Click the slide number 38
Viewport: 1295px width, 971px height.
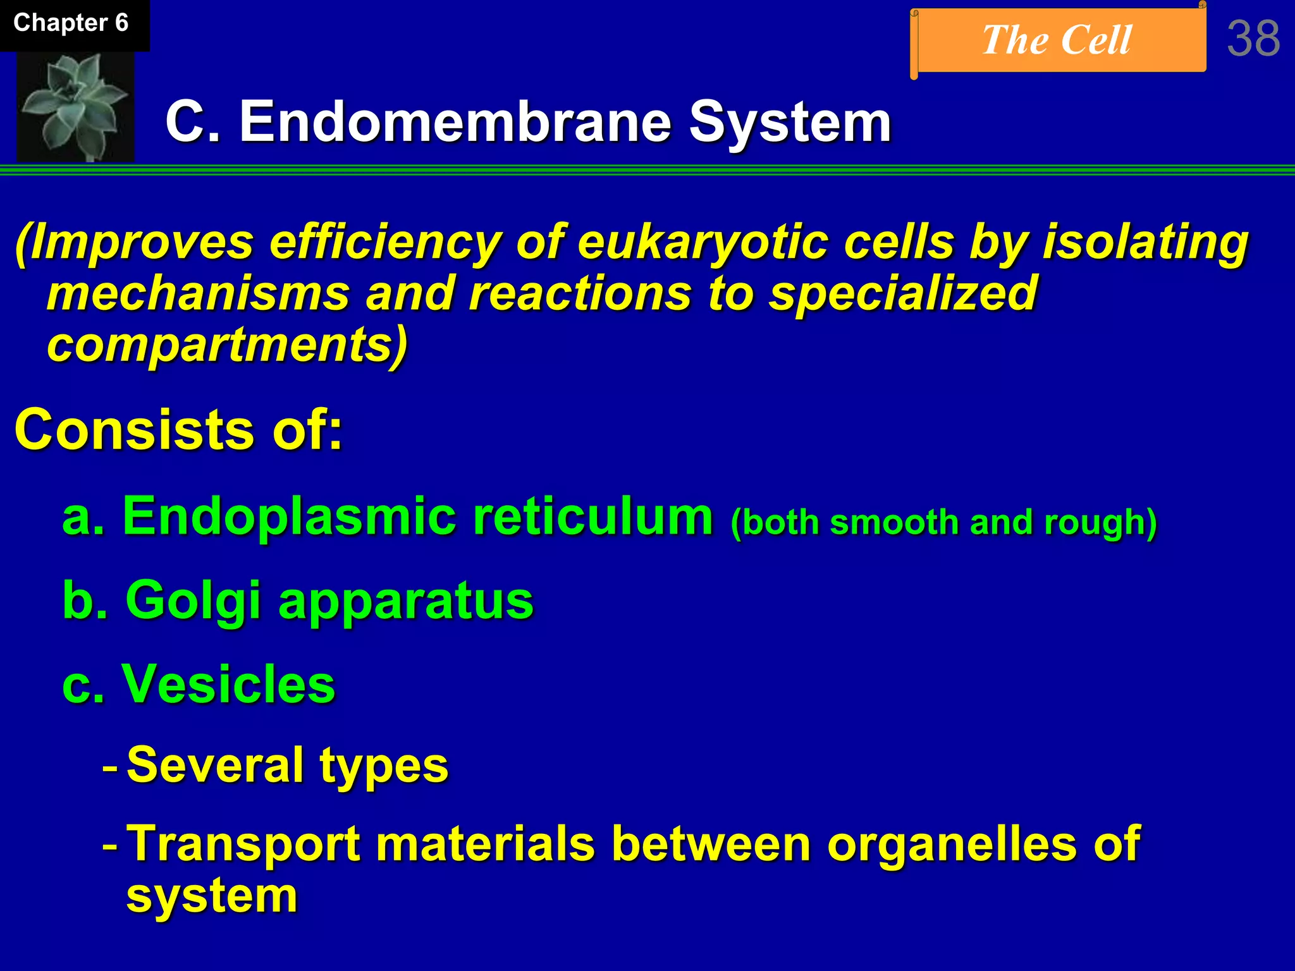1253,39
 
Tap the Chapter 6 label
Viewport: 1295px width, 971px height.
71,23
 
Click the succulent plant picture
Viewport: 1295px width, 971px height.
75,106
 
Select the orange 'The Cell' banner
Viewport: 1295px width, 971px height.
1057,40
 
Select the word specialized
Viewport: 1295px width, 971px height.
903,293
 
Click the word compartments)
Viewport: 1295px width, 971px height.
228,345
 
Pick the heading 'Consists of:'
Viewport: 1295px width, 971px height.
178,430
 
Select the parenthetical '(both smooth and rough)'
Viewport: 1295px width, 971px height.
943,523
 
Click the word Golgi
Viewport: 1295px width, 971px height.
193,601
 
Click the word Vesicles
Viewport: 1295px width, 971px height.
228,684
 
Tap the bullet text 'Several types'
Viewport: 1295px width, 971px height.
287,766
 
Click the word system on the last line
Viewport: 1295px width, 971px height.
212,896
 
